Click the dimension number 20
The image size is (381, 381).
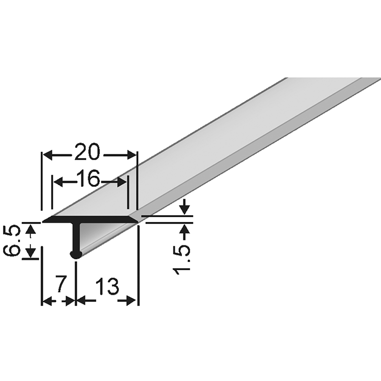point(87,152)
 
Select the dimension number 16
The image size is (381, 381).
point(88,178)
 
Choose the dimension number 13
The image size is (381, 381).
point(107,286)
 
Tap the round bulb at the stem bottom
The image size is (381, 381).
point(76,255)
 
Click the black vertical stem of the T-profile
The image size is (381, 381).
point(76,237)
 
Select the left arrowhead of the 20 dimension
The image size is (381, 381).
point(49,155)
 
